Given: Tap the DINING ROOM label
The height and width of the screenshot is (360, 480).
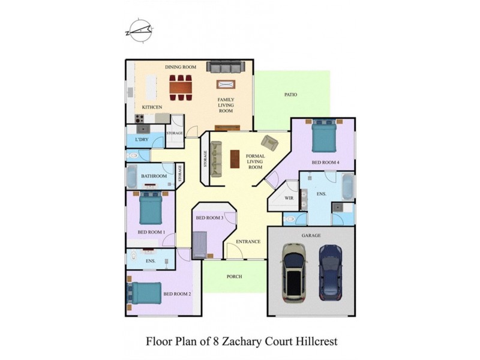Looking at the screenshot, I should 181,67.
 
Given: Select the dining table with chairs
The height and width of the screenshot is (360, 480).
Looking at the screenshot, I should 181,87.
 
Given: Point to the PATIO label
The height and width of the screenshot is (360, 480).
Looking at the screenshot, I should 290,95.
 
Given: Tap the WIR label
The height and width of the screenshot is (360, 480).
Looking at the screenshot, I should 279,197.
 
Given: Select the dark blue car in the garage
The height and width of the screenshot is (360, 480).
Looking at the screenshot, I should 330,272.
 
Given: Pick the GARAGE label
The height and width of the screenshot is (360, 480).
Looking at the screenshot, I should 311,236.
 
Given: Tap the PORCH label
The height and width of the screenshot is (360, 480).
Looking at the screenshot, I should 234,277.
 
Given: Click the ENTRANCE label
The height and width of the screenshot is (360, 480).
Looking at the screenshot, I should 248,242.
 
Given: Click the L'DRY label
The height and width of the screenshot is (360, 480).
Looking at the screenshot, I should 142,140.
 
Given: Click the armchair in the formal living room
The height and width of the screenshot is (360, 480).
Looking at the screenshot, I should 270,143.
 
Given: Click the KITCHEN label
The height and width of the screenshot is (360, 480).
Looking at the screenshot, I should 152,107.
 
